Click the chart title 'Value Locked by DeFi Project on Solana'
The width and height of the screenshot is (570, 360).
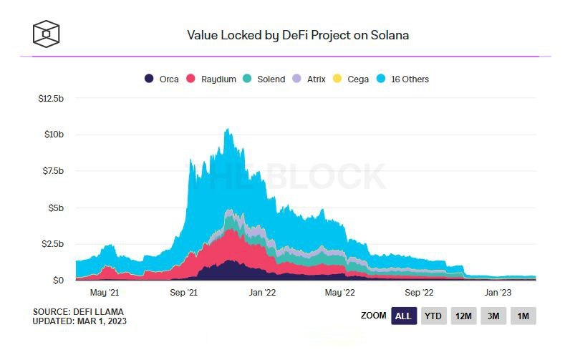point(297,34)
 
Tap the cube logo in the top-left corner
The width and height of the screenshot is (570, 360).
point(47,33)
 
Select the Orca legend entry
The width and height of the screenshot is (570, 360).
point(164,79)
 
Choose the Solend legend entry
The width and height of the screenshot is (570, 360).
point(264,79)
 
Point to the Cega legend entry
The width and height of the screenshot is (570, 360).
point(352,79)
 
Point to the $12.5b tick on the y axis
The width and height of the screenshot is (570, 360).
point(52,98)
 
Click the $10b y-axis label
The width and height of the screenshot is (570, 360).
point(55,135)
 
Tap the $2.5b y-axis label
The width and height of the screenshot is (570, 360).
point(53,244)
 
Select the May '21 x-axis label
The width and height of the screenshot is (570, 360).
point(105,293)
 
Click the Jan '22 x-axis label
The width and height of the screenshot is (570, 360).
point(261,293)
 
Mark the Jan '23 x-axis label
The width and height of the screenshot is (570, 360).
point(498,293)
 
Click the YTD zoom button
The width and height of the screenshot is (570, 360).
point(433,316)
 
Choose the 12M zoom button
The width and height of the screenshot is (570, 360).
point(463,316)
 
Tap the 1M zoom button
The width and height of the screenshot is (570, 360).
point(523,316)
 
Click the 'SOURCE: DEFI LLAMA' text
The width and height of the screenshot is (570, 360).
point(77,312)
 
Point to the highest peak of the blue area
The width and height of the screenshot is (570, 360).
point(227,130)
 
